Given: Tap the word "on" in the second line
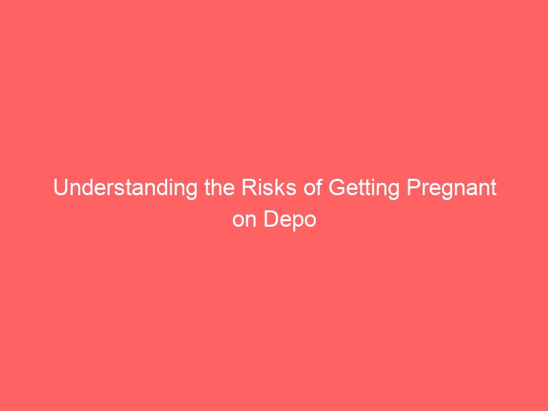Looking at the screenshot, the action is [245, 220].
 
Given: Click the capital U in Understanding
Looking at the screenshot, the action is [60, 188].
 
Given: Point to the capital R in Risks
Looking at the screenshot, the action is [249, 187].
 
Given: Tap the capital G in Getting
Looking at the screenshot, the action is [337, 187].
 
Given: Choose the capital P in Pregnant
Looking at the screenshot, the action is [414, 187].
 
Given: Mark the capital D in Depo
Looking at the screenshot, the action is [271, 219].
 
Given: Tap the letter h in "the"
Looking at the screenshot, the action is [217, 187].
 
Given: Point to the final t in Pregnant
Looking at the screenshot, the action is [493, 188].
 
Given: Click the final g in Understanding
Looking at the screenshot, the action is [192, 192].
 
